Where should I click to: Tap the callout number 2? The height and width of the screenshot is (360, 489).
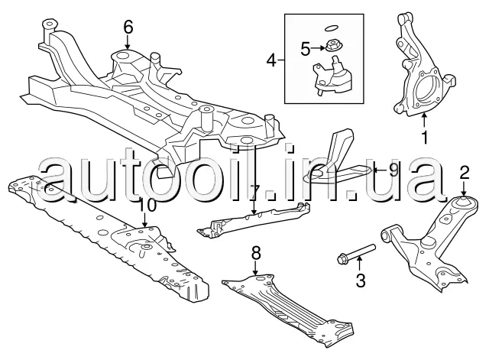[464, 174]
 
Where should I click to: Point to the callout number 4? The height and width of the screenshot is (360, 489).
[272, 58]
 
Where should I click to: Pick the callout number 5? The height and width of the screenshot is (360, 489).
[304, 50]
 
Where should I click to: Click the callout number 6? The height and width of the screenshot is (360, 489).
[128, 27]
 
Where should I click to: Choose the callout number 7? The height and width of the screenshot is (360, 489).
[256, 189]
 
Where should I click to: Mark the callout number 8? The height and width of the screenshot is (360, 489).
[256, 251]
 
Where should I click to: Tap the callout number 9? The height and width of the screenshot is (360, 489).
[393, 168]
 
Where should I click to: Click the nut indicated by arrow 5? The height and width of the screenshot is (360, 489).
[333, 44]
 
